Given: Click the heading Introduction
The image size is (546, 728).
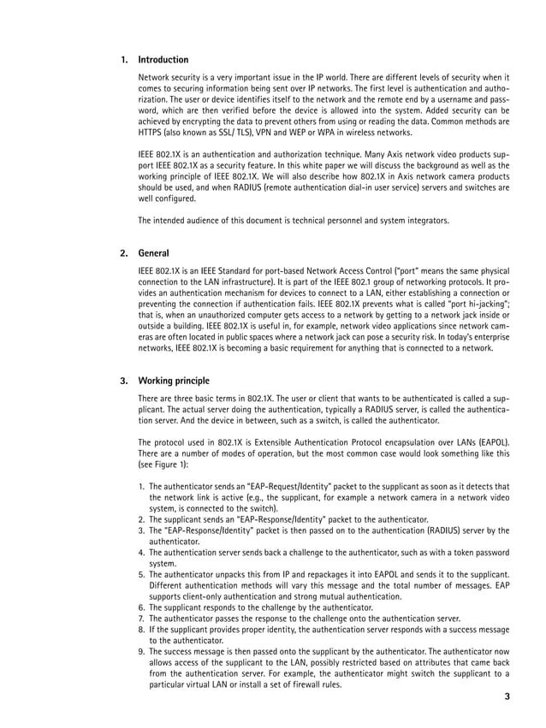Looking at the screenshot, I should pos(163,60).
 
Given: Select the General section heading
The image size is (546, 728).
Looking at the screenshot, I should pos(153,253).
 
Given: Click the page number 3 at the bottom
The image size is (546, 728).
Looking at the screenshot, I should pos(507,696).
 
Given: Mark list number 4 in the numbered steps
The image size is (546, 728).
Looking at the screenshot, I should pos(141,553).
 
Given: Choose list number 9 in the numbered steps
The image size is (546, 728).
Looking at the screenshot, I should pos(141,652).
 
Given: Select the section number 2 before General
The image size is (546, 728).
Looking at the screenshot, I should pos(124,253).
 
